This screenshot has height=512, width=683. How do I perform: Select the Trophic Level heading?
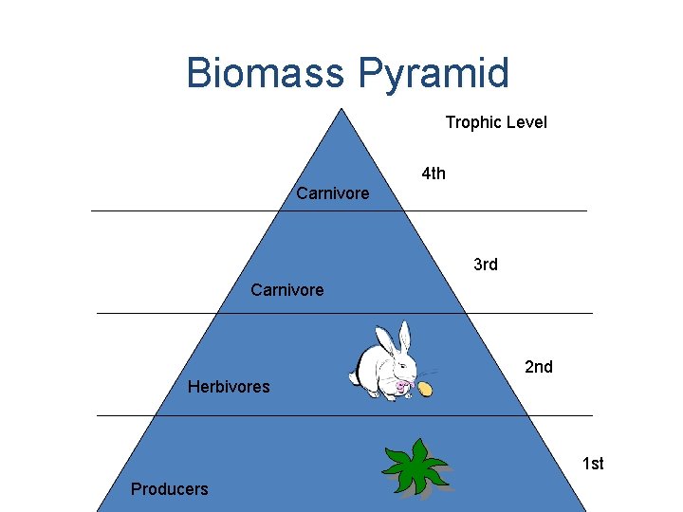[496, 122]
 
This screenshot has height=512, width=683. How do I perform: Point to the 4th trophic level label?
[434, 174]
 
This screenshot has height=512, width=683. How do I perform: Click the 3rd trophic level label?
[485, 265]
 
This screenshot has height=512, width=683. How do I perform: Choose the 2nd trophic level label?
[538, 367]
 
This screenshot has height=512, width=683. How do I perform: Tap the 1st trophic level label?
[593, 464]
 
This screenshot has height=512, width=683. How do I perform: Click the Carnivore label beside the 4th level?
[332, 193]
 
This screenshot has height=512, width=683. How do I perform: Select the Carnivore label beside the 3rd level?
[286, 290]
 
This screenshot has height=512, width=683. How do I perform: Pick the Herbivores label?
[229, 387]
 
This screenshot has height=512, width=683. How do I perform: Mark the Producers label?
[169, 489]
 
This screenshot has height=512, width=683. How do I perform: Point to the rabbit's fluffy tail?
[354, 378]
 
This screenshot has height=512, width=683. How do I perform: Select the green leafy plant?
[415, 467]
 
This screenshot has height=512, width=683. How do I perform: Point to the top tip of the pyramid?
[341, 108]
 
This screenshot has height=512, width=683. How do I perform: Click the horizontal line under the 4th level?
[339, 210]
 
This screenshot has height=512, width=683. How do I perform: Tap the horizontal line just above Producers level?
[344, 415]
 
